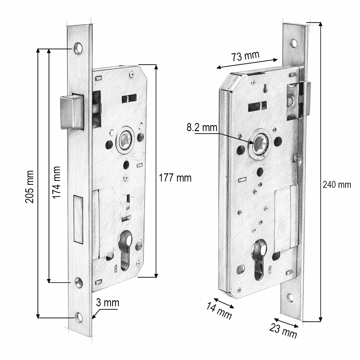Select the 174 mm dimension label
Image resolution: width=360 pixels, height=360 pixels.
point(56,182)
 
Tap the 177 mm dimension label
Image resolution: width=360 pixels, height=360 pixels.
point(175,178)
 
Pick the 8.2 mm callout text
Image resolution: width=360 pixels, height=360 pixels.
point(202,127)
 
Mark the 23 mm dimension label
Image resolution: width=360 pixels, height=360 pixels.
point(283,331)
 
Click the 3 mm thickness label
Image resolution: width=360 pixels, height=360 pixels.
point(107,303)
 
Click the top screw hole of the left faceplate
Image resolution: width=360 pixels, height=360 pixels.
point(78,48)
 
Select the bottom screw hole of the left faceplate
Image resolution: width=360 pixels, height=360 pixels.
point(79,317)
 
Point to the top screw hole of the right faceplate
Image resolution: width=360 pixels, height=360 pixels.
point(294,43)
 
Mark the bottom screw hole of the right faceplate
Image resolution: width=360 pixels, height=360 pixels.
point(290,298)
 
